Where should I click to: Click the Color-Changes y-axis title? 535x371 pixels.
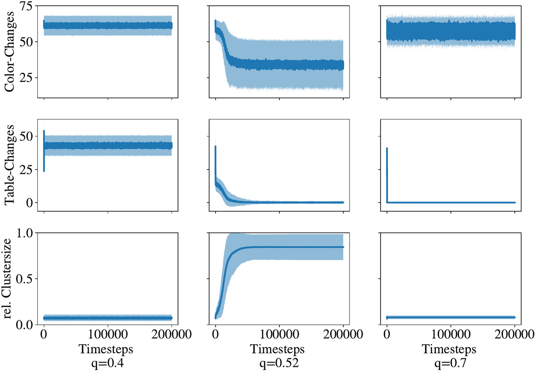(x=9, y=51)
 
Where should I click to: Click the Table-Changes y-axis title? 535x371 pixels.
(x=9, y=165)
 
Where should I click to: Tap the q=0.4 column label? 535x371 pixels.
(x=108, y=363)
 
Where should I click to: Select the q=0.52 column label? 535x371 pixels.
(x=279, y=363)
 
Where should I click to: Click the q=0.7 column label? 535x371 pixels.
(x=450, y=363)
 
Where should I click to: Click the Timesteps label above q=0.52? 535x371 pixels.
(x=277, y=349)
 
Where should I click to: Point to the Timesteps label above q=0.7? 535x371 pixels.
(x=449, y=349)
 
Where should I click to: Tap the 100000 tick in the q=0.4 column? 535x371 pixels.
(x=108, y=334)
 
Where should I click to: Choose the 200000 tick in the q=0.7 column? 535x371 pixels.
(x=515, y=334)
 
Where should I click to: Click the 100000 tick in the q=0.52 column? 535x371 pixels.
(x=280, y=334)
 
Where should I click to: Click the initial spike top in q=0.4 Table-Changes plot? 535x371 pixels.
(x=44, y=132)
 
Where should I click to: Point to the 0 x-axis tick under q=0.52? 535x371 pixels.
(x=215, y=334)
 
